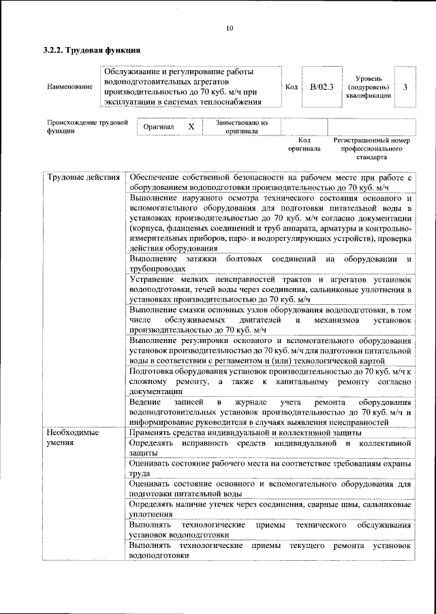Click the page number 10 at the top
[229, 28]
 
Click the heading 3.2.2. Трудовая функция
[91, 50]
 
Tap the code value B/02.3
[318, 86]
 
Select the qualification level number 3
[405, 86]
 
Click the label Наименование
[70, 87]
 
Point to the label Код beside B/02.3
[292, 86]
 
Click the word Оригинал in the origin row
[159, 127]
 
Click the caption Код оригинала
[304, 144]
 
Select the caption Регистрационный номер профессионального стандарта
[372, 148]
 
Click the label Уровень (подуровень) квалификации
[368, 86]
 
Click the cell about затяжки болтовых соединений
[270, 264]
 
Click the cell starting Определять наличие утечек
[270, 509]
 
